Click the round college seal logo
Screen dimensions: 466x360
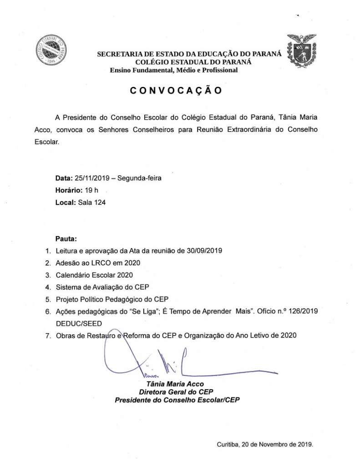[x=51, y=49]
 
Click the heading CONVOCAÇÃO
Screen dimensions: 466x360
[x=176, y=91]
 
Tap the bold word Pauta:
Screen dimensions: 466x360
[x=66, y=238]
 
